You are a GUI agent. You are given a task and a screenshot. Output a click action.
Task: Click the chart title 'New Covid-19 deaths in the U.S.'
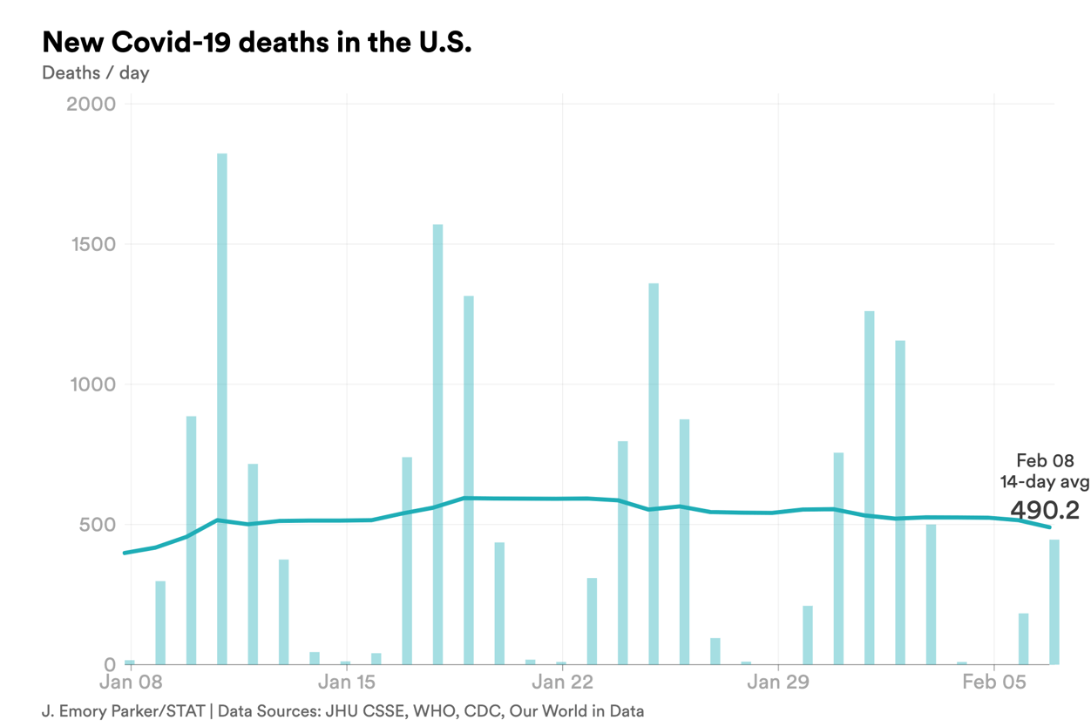[256, 42]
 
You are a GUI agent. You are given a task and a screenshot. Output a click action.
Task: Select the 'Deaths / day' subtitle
[95, 72]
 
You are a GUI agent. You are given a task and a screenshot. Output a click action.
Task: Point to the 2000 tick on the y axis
[91, 104]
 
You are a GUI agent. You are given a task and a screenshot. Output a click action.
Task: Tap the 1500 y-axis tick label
[91, 244]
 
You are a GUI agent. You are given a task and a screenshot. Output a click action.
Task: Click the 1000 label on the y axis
[91, 384]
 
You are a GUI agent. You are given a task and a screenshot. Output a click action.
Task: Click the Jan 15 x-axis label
[347, 682]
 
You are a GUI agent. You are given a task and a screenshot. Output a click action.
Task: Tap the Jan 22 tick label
[562, 682]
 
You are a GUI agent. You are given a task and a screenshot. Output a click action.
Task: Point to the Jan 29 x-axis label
[777, 682]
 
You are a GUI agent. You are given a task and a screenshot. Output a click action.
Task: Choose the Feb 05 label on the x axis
[993, 682]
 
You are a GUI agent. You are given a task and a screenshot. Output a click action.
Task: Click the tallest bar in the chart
[222, 410]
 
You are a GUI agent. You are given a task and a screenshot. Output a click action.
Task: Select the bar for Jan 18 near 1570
[437, 445]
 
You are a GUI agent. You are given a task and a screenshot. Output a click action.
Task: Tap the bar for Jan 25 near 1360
[654, 474]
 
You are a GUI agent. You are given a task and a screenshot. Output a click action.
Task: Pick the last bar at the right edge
[1054, 602]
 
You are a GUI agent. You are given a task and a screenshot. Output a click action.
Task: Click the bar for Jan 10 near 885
[192, 540]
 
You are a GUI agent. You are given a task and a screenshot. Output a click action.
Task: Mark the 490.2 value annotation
[1045, 510]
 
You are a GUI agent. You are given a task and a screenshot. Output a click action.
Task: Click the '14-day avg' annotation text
[1044, 481]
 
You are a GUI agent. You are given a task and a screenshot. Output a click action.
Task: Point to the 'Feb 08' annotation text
[1045, 460]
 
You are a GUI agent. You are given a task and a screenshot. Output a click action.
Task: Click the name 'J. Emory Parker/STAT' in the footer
[123, 710]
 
